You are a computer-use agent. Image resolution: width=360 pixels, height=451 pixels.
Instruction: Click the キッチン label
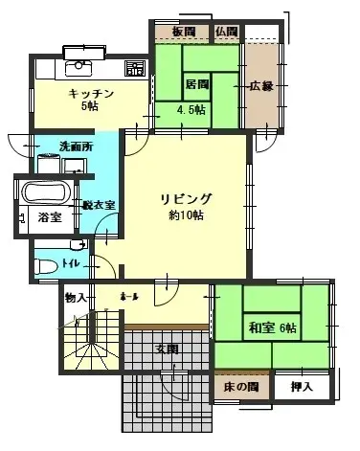click(92, 94)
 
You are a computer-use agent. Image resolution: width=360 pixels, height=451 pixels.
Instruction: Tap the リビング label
click(186, 199)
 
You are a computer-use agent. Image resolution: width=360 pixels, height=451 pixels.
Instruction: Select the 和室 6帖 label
click(273, 328)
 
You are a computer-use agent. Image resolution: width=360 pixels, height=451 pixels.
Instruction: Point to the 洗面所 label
click(76, 147)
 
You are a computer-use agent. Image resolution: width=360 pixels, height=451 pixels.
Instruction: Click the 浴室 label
click(49, 218)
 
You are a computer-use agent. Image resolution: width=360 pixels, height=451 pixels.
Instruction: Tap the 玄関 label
click(166, 350)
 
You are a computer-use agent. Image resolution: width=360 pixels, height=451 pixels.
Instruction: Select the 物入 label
click(77, 299)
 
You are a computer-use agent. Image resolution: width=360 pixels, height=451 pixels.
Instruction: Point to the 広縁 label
click(262, 86)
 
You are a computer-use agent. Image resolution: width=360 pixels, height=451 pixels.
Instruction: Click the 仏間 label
click(226, 33)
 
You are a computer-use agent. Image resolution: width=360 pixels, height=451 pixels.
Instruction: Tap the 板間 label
click(184, 33)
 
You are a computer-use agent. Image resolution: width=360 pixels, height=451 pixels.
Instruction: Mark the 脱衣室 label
click(99, 205)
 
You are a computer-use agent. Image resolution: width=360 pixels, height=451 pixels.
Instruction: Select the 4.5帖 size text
click(191, 109)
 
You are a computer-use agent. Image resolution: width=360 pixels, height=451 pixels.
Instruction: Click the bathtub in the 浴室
click(44, 192)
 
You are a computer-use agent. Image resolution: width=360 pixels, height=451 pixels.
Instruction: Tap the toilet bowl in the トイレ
click(44, 265)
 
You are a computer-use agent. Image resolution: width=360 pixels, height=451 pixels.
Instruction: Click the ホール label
click(131, 298)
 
